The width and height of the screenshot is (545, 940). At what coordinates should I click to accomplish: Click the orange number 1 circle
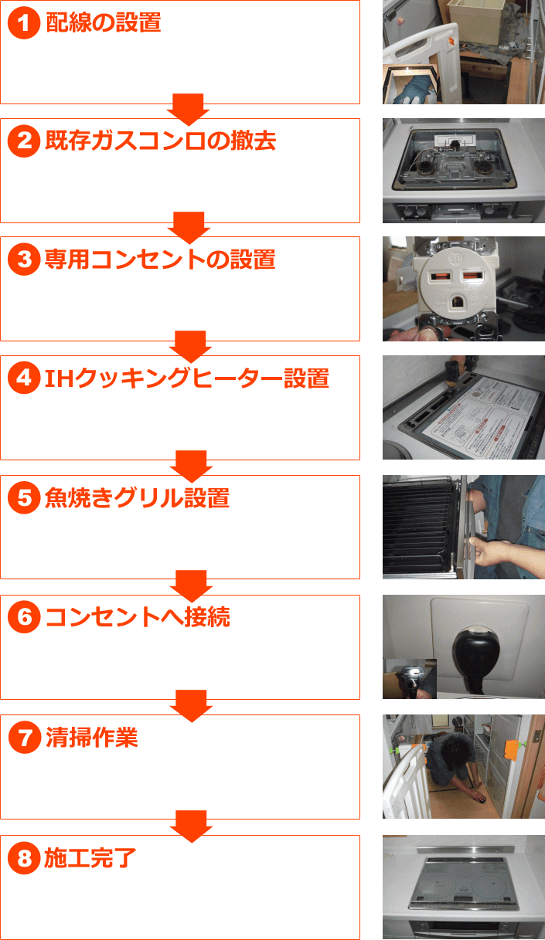24,22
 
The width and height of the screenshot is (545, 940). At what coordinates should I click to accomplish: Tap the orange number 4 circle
24,378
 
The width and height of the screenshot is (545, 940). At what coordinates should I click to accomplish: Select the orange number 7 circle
25,738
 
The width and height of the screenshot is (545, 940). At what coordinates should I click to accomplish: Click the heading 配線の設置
104,22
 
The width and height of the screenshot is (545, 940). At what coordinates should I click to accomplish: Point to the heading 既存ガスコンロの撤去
160,141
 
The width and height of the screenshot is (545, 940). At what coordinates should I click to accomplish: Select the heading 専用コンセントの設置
160,259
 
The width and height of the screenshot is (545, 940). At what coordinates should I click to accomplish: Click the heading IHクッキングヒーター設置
187,378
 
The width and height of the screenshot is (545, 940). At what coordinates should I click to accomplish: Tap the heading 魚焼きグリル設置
137,497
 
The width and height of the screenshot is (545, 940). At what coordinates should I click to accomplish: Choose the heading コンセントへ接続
138,617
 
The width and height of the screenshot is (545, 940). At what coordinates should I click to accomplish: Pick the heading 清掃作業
91,738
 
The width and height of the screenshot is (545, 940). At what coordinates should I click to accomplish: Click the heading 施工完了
90,858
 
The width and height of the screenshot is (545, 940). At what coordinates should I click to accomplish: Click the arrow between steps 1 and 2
188,109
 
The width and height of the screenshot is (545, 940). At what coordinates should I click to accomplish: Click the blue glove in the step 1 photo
412,90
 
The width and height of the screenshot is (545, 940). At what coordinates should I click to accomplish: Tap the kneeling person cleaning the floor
455,769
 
